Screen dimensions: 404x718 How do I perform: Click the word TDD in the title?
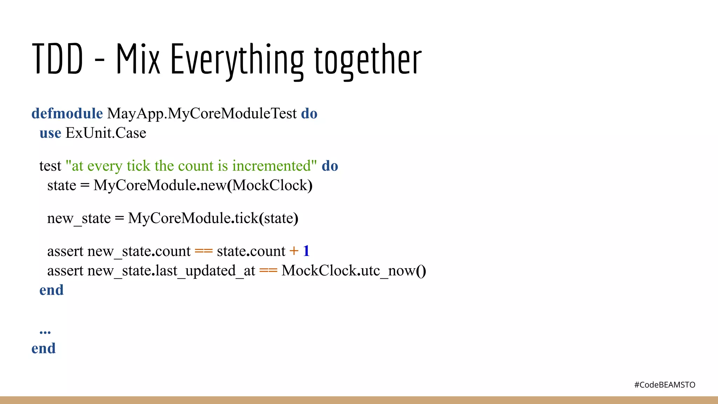tap(57, 59)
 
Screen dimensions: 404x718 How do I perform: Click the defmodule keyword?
tap(67, 114)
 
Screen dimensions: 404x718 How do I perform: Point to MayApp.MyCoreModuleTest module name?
tap(202, 114)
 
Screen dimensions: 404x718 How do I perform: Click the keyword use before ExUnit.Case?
tap(50, 133)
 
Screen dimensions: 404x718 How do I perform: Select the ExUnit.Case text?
tap(106, 133)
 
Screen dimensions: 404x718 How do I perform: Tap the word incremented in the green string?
tap(272, 166)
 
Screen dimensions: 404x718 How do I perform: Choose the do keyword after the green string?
tap(330, 166)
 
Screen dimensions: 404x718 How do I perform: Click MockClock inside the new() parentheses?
tap(270, 186)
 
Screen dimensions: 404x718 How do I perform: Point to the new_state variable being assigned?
tap(79, 218)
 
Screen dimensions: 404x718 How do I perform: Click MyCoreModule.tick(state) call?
tap(213, 218)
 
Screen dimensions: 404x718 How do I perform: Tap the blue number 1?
tap(306, 251)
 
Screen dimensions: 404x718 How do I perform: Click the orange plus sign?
tap(294, 251)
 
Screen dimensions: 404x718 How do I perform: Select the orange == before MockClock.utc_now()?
tap(268, 271)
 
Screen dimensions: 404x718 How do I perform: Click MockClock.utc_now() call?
tap(353, 271)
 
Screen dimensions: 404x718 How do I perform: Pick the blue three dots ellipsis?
tap(45, 331)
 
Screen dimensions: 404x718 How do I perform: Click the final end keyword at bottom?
tap(43, 349)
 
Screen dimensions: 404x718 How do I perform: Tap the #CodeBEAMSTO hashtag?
tap(664, 385)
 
